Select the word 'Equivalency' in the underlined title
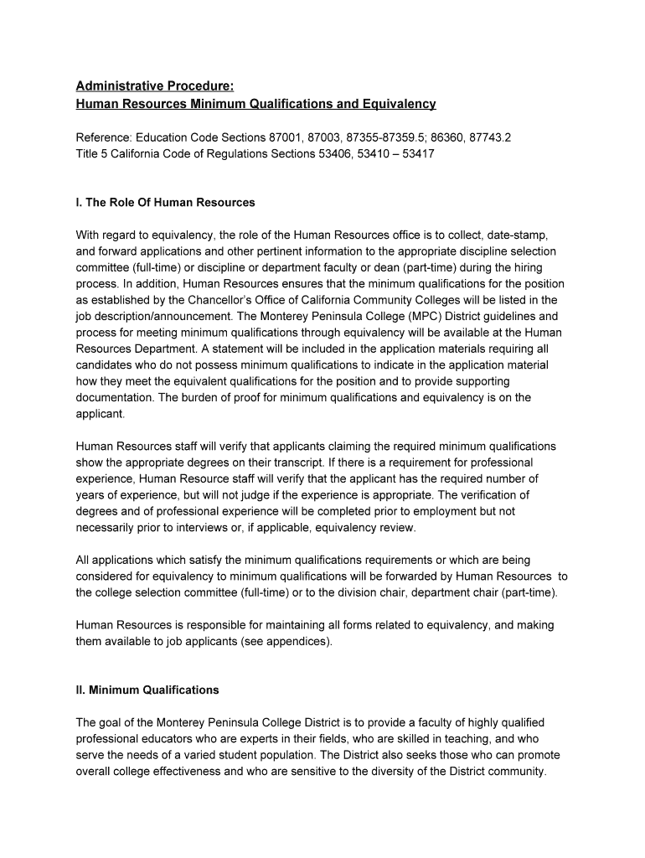[398, 104]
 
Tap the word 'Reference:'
[104, 137]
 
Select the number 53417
[417, 154]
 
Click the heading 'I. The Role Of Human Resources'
[166, 203]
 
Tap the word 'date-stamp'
[516, 235]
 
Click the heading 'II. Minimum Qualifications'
[147, 690]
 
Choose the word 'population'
[294, 755]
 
